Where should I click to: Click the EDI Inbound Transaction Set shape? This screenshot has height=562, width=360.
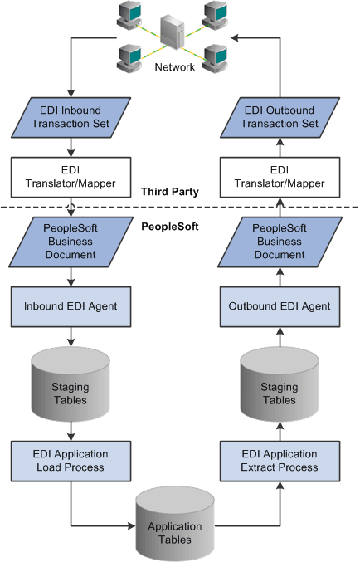[71, 117]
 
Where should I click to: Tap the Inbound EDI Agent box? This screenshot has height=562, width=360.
[71, 306]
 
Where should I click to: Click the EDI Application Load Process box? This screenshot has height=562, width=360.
[71, 460]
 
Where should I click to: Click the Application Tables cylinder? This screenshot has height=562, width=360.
[175, 531]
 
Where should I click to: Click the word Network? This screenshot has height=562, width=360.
[175, 68]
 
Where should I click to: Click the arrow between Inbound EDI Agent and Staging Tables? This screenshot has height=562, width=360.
[71, 335]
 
